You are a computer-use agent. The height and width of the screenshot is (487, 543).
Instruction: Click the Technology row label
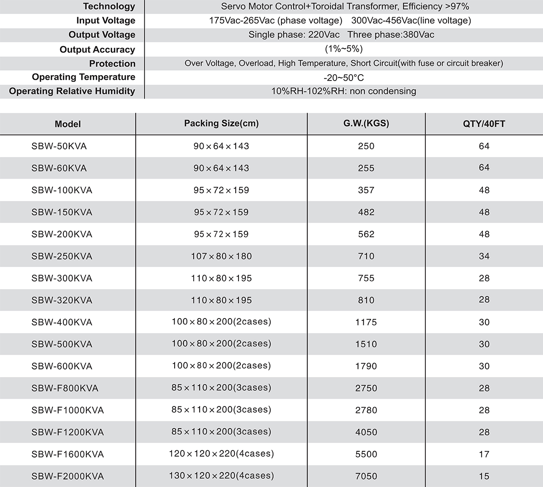point(109,6)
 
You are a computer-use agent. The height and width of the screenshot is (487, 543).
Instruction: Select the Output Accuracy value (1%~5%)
point(343,49)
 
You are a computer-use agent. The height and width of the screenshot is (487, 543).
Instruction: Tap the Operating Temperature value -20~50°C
point(343,77)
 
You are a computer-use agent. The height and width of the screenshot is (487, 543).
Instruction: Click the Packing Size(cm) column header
point(221,124)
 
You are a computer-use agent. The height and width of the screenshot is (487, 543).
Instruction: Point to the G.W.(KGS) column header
point(366,123)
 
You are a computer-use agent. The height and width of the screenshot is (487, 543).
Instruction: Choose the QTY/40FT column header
point(484,124)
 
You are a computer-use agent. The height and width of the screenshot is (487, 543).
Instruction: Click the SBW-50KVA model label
point(59,146)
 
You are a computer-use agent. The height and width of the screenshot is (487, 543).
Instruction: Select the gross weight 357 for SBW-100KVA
point(366,190)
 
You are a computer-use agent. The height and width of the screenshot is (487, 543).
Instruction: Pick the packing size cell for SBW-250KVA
point(221,256)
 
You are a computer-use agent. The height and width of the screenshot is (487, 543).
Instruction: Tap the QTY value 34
point(484,256)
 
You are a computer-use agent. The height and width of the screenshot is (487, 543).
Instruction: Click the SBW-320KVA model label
point(62,300)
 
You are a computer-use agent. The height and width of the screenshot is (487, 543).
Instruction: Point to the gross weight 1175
point(366,322)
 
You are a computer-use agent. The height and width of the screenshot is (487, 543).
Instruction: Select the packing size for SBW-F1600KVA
point(221,454)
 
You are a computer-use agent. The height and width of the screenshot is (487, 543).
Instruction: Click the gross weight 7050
point(366,476)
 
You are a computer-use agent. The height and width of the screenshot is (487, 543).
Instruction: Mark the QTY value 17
point(484,454)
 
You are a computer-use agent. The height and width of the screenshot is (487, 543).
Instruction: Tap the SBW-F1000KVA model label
point(67,410)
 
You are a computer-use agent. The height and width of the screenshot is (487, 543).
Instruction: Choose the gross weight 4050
point(366,432)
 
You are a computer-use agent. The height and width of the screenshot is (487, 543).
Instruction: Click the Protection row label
point(112,63)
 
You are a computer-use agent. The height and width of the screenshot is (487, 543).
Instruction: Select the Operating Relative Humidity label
point(72,91)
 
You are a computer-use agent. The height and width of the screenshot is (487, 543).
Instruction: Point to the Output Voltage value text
point(341,35)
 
